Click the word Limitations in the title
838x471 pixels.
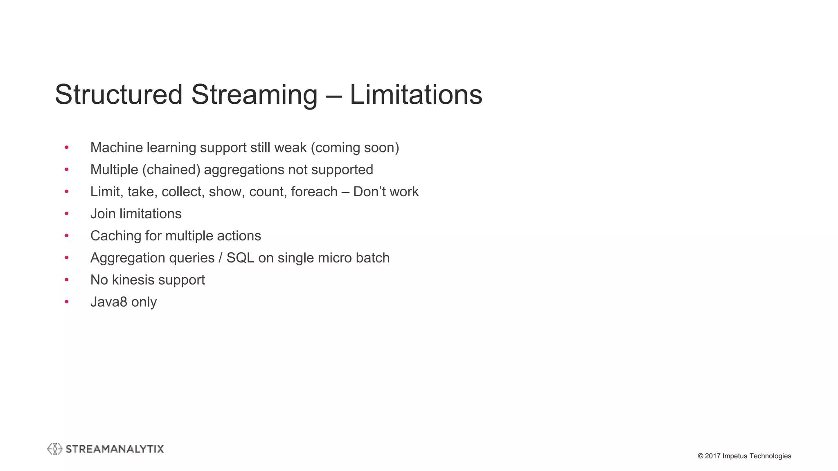(416, 95)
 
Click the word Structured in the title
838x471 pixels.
(119, 95)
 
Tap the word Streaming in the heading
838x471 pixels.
(254, 95)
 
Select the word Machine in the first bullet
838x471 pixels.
(117, 148)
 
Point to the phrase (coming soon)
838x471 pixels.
(355, 148)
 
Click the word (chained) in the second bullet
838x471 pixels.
(171, 170)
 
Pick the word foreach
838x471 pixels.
(314, 192)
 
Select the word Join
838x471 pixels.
(103, 214)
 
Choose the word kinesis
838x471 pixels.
(133, 280)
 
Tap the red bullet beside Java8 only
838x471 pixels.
(66, 302)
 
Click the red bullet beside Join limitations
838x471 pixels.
(66, 214)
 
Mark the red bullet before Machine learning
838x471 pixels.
(66, 148)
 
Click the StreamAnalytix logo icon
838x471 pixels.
(55, 449)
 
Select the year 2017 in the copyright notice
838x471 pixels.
(712, 456)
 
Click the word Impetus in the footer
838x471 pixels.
(735, 456)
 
